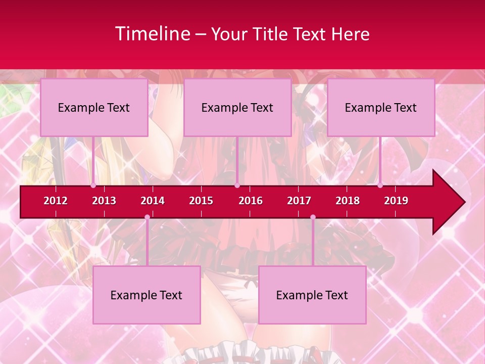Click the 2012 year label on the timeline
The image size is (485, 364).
56,201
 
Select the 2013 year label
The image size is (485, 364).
104,201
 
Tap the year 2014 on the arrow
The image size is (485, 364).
153,201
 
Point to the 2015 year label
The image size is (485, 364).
201,201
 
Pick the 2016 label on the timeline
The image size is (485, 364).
251,201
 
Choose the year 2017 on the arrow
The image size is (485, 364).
299,201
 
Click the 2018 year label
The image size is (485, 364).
348,201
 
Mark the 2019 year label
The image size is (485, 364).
396,201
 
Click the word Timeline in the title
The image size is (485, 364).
152,34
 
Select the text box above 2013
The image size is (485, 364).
94,108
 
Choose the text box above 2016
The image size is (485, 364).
237,108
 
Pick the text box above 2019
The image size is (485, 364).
381,108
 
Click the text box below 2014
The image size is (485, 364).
147,295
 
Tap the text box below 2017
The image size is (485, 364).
312,295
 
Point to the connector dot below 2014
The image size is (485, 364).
147,217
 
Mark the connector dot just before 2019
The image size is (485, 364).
380,186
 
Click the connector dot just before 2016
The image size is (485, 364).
237,186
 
